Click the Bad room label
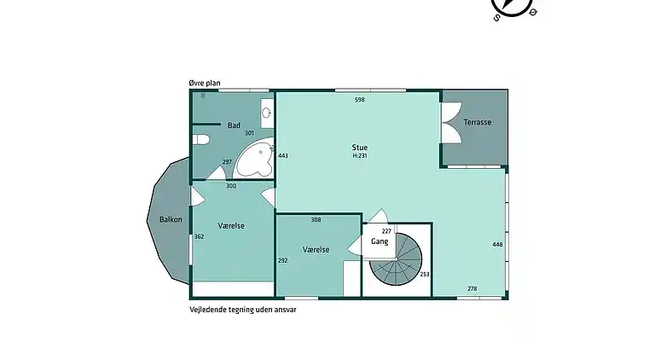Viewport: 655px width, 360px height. (x=234, y=125)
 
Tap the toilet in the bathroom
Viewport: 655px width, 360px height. (x=201, y=140)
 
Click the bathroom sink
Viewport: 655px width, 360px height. (x=266, y=113)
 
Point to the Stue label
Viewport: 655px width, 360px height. (x=360, y=148)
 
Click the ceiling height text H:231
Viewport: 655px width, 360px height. (x=360, y=156)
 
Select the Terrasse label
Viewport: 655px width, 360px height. (x=478, y=122)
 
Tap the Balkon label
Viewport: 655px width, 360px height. (x=171, y=220)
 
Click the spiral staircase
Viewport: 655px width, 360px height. (x=396, y=260)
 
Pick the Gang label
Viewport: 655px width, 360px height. (x=380, y=241)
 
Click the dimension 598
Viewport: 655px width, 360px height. (x=360, y=100)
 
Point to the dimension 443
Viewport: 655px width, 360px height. (x=283, y=156)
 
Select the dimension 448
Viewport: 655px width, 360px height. (x=497, y=245)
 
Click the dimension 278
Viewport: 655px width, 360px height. (x=472, y=288)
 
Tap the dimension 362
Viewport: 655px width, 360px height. (x=200, y=237)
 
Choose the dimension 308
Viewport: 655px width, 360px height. (x=316, y=220)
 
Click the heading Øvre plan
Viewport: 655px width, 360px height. (x=205, y=83)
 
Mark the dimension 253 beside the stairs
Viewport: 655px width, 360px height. (x=425, y=275)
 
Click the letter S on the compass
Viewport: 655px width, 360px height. (x=496, y=18)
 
